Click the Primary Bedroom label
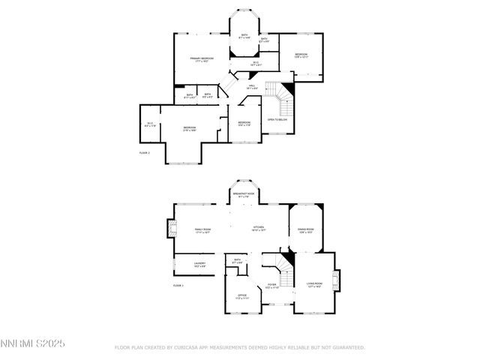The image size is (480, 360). (x=200, y=59)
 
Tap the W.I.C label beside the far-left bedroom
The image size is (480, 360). (x=150, y=124)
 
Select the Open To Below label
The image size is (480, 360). (x=277, y=120)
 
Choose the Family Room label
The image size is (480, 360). (x=202, y=231)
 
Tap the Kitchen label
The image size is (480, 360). (x=258, y=228)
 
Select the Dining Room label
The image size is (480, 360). (x=305, y=230)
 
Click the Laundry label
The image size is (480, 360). (x=199, y=264)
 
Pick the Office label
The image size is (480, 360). (x=242, y=296)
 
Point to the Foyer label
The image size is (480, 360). (x=272, y=286)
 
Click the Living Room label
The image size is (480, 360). (x=313, y=285)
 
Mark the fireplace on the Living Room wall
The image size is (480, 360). (x=337, y=281)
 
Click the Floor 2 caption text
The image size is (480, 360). (x=145, y=152)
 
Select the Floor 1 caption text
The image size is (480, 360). (x=178, y=286)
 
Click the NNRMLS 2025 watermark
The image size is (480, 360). (x=33, y=343)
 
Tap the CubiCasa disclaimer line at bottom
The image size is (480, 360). (x=239, y=347)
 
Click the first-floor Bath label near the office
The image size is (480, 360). (x=238, y=262)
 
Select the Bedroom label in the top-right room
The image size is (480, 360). (x=301, y=55)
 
